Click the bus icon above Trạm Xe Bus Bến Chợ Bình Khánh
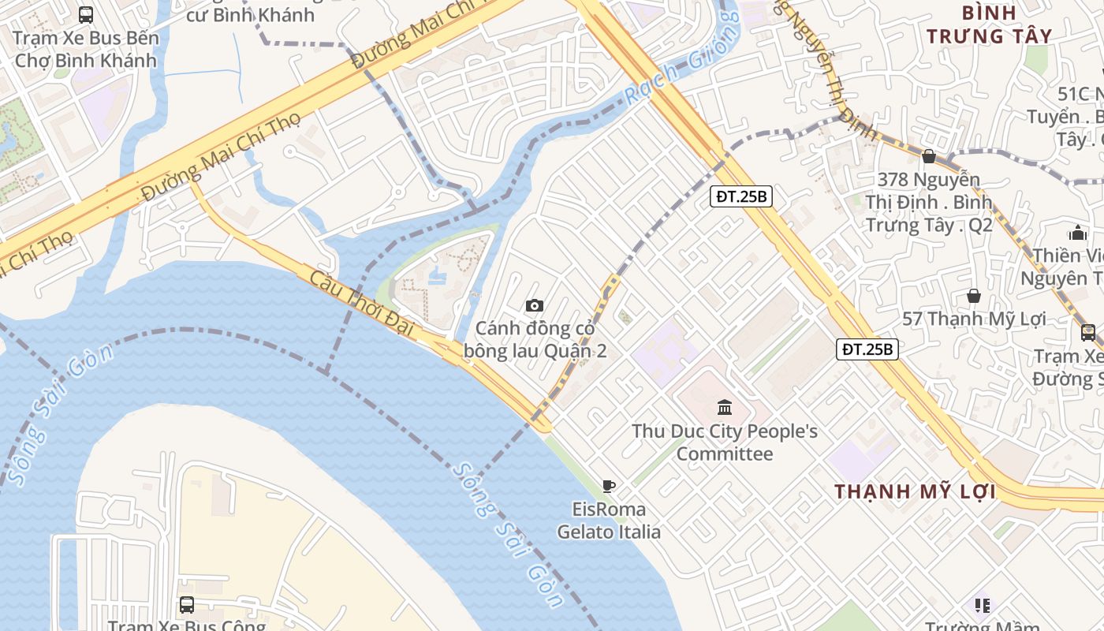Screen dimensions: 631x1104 (86, 14)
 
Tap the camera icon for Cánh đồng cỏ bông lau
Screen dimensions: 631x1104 (534, 305)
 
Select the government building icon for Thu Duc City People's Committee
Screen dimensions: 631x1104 (725, 407)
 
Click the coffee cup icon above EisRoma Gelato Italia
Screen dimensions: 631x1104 (608, 486)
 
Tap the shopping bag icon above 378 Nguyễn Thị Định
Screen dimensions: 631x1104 (929, 156)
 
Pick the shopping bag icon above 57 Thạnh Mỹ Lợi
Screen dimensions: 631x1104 (974, 296)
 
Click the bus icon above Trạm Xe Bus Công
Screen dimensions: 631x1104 (186, 605)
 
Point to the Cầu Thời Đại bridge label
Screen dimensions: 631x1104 (361, 303)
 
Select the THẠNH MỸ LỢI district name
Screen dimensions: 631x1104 (915, 491)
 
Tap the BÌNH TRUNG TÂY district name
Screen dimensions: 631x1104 (989, 24)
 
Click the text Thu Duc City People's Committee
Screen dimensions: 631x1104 (725, 442)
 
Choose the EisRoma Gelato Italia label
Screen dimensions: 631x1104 (609, 521)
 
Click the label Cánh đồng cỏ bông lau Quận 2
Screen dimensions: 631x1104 (535, 339)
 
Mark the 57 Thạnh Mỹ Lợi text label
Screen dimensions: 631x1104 (974, 319)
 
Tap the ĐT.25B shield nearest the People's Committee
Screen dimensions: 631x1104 (867, 349)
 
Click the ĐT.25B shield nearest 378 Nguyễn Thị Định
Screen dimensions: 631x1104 (741, 196)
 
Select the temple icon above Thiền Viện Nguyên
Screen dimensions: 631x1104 (1077, 233)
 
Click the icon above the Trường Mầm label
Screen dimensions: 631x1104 (982, 605)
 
